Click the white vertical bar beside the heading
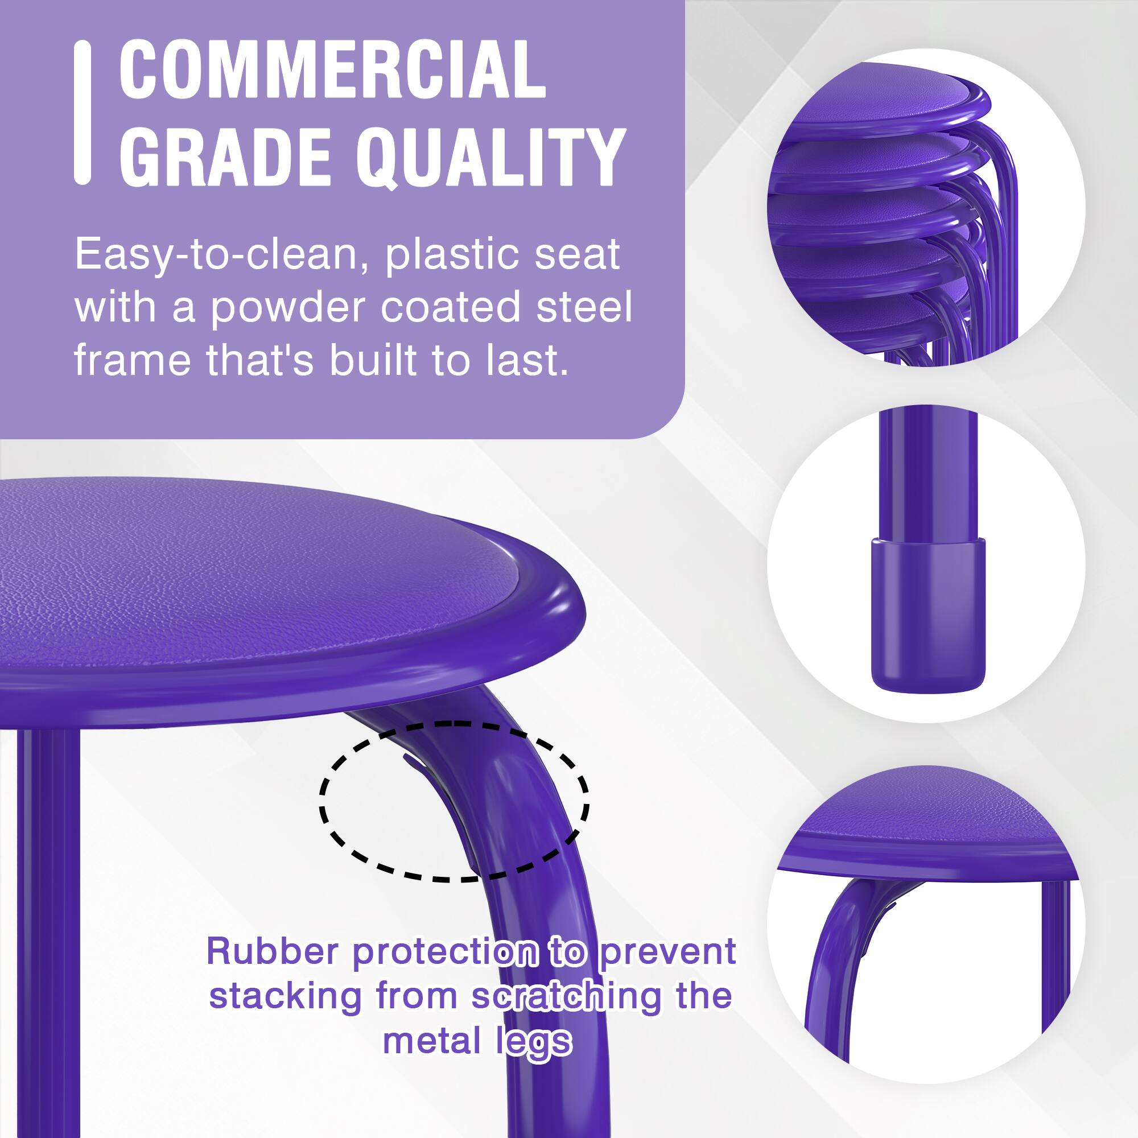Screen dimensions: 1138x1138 (x=83, y=112)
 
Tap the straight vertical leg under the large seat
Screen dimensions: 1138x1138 (x=47, y=913)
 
